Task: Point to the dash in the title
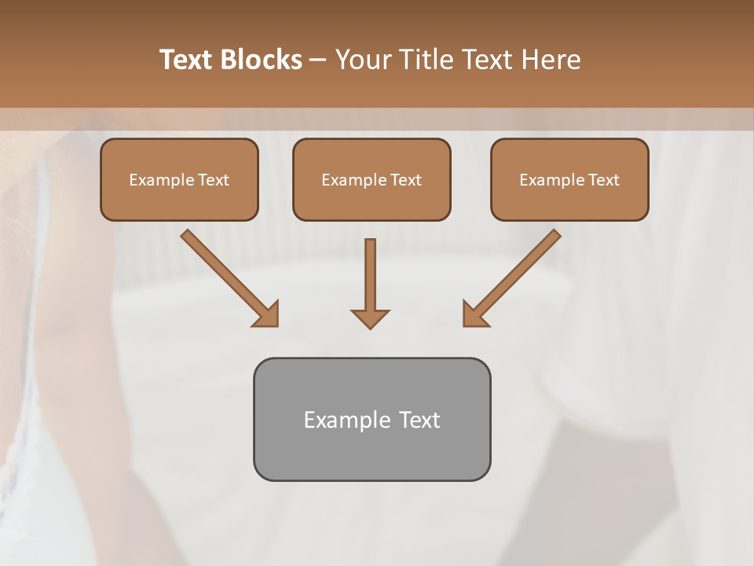pos(318,61)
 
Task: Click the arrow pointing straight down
pos(371,279)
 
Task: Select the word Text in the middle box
pos(405,180)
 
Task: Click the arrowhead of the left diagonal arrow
pos(267,314)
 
